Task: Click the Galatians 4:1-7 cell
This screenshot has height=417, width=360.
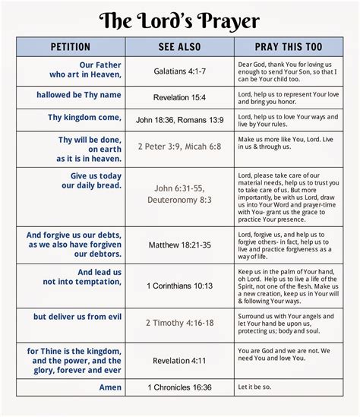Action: pos(182,73)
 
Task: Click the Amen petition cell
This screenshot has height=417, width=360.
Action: pos(110,387)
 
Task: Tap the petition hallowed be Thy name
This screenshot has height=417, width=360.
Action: pos(78,94)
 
